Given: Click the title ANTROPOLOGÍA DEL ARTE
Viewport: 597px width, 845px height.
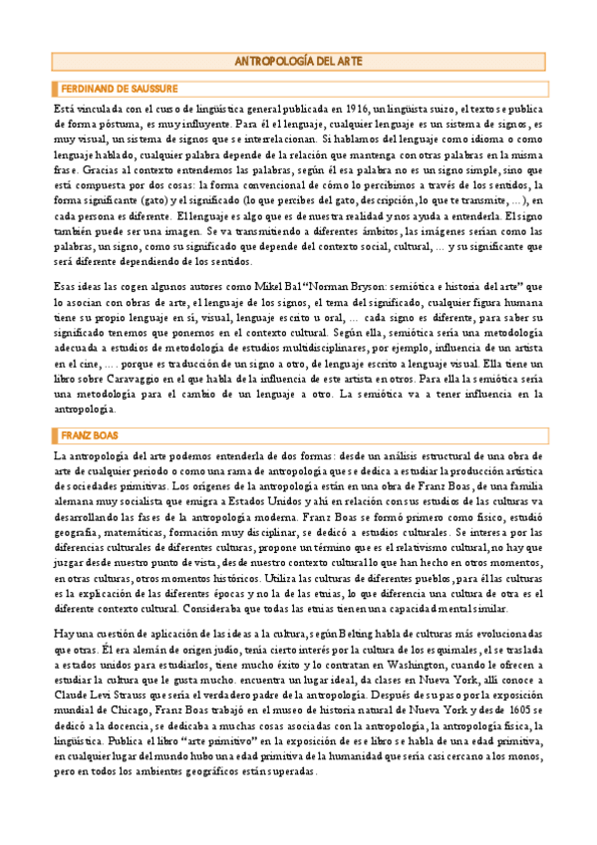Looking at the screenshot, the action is pyautogui.click(x=298, y=62).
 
